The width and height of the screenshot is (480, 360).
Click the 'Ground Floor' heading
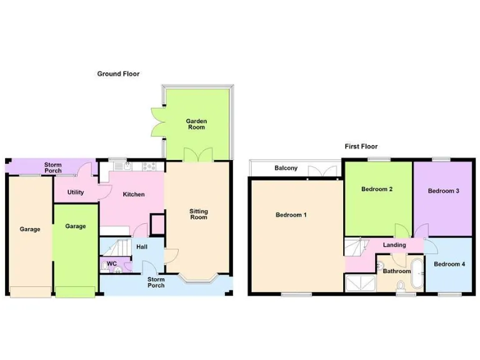pos(118,74)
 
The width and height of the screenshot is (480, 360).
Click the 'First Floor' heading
pos(361,147)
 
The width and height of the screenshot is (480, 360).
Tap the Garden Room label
pos(197,124)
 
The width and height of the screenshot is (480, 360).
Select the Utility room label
pos(76,192)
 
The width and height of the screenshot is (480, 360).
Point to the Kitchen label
pos(133,194)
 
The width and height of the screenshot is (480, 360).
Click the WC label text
pos(111,264)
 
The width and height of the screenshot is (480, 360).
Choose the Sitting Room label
pos(199,214)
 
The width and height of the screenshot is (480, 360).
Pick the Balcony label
pos(286,169)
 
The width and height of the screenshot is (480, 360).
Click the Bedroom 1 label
pos(291,215)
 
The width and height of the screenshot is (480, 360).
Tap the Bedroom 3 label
pos(444,191)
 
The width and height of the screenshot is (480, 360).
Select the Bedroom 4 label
pos(449,264)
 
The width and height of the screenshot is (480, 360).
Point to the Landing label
pos(394,245)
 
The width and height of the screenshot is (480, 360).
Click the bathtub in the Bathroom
pos(416,271)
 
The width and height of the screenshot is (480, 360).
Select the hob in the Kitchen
pos(150,166)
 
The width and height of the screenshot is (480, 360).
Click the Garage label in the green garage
pos(76,226)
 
